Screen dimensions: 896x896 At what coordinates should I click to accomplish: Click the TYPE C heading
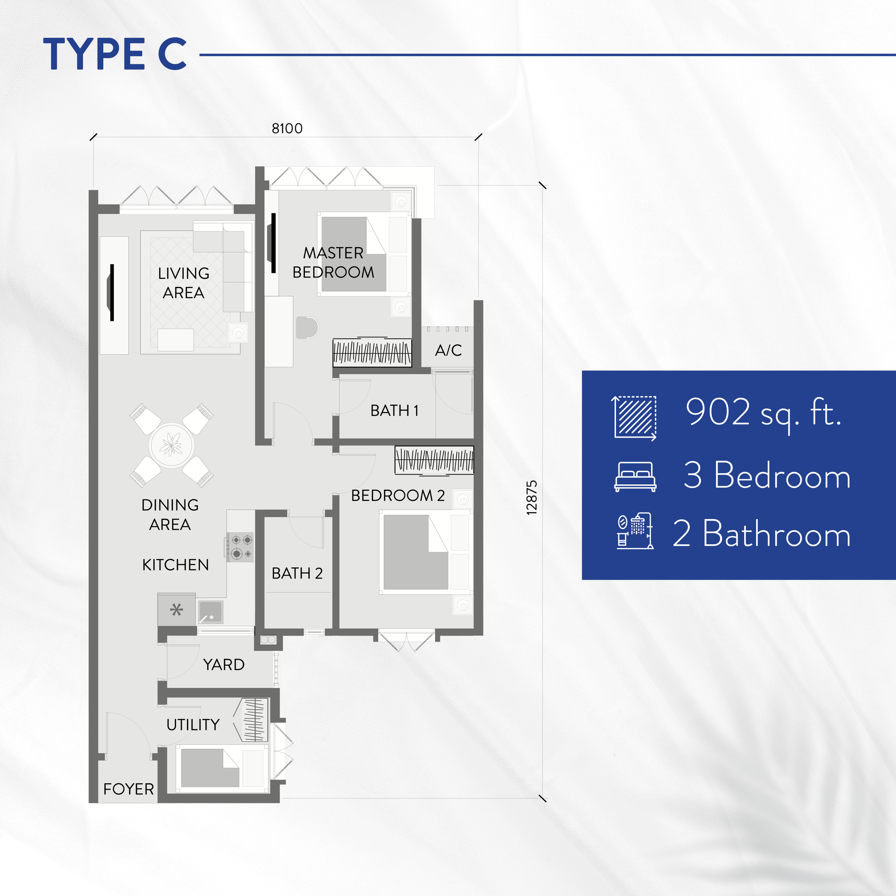click(115, 54)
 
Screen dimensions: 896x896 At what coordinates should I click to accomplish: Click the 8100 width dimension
click(287, 128)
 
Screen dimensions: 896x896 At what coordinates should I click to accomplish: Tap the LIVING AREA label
click(184, 283)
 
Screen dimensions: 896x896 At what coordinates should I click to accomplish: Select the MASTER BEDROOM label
click(333, 262)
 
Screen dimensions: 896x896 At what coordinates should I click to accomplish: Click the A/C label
click(448, 350)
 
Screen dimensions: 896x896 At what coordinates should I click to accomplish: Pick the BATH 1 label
click(394, 411)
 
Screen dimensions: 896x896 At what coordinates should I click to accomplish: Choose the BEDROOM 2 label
click(398, 495)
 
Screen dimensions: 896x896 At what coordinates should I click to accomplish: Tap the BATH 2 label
click(297, 573)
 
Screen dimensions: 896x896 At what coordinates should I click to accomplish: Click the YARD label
click(224, 665)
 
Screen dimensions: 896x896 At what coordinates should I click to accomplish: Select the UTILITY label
click(193, 724)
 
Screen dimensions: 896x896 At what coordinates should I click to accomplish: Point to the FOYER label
click(128, 789)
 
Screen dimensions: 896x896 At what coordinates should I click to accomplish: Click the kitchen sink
click(211, 612)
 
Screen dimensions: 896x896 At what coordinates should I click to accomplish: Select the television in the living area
click(111, 292)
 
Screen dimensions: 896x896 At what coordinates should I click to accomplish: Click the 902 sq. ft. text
click(763, 412)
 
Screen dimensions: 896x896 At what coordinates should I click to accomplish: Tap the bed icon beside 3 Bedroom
click(635, 476)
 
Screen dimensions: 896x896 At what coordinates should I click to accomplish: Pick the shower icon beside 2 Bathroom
click(635, 531)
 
